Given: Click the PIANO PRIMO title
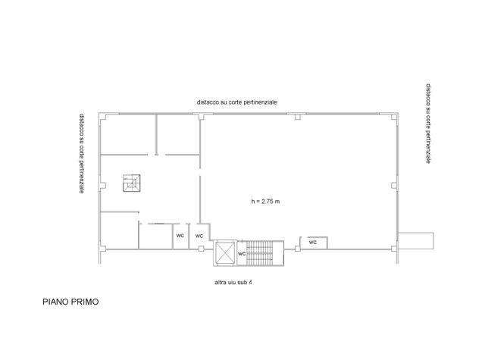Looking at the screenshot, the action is (70, 302).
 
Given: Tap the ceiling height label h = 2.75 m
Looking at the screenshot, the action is (265, 202).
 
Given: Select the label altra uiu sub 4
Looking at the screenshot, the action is (233, 283).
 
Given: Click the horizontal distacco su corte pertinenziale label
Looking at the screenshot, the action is (237, 102).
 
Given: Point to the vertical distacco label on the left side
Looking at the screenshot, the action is (82, 154).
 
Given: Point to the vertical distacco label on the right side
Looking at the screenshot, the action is (428, 124).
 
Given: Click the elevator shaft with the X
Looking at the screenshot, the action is (224, 253).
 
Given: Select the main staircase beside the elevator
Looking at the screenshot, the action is (260, 253).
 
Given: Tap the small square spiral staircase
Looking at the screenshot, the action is (132, 183).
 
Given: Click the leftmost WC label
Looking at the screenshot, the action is (180, 236).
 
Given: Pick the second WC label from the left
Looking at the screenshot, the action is (199, 236).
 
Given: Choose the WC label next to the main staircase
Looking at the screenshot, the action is (242, 254).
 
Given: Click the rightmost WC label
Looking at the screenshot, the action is (313, 243).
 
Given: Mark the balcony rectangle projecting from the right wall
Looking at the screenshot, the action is (416, 240).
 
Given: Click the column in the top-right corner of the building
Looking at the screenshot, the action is (394, 117).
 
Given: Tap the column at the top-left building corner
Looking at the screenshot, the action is (103, 117).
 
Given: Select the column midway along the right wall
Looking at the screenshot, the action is (394, 186).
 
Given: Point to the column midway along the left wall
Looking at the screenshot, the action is (103, 186).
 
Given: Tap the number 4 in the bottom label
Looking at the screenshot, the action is (250, 283).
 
